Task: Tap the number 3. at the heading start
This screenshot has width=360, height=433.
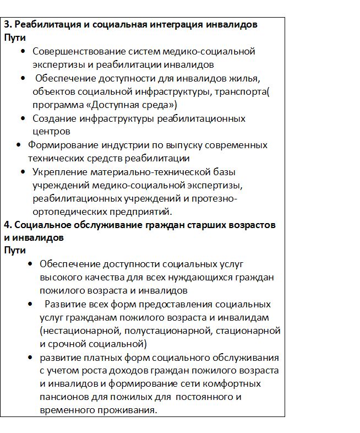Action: point(8,25)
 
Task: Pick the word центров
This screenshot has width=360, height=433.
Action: point(51,132)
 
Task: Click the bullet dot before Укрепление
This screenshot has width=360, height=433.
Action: point(23,172)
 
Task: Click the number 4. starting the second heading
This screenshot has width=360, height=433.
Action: point(8,225)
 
